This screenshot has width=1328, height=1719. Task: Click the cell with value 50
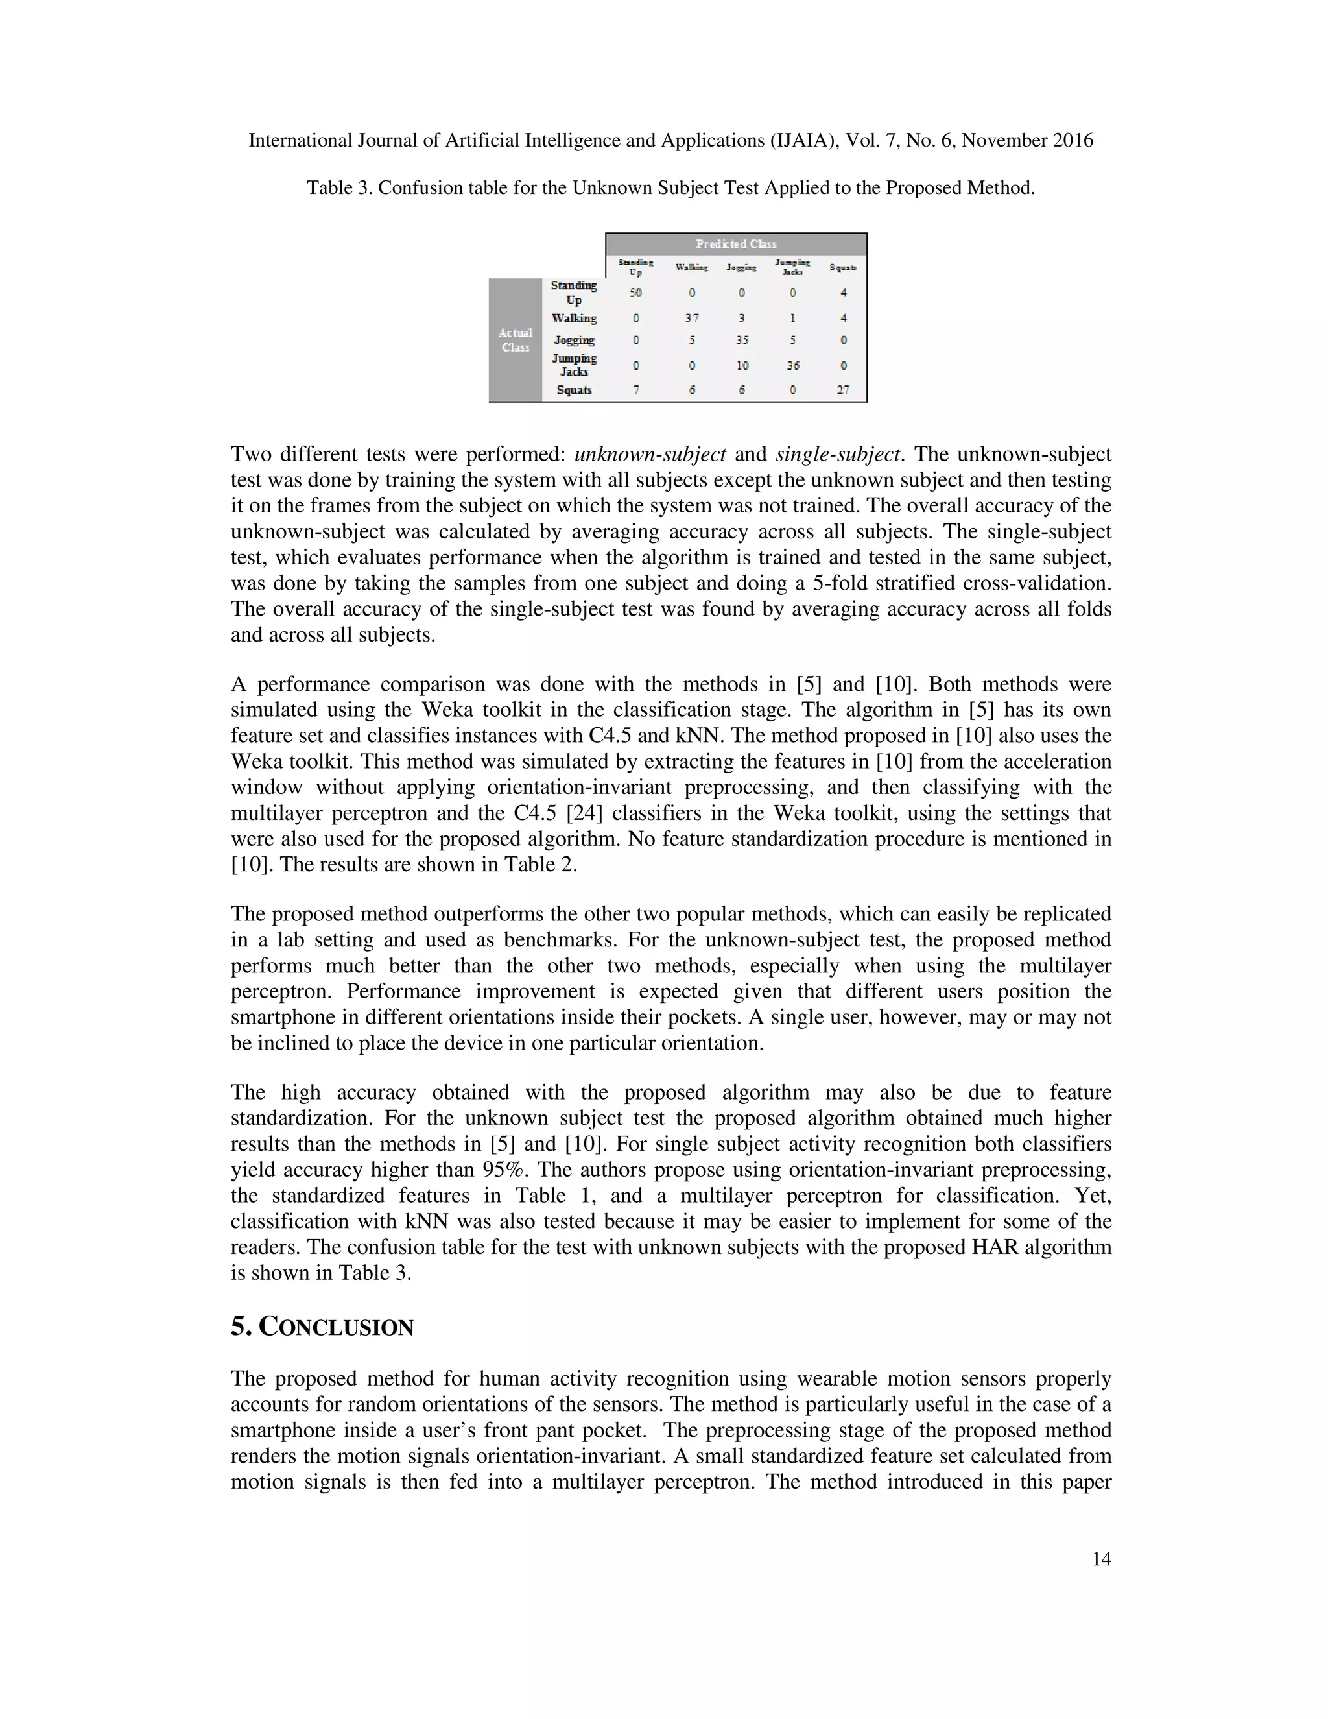pos(635,293)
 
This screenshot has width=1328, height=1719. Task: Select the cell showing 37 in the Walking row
pos(691,319)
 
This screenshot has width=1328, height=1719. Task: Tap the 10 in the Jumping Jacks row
pos(742,365)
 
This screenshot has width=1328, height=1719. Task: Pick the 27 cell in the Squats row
pos(842,391)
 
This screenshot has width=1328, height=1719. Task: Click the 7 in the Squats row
pos(635,391)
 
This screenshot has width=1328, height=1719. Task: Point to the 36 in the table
pos(792,365)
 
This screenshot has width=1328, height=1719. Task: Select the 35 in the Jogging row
pos(742,341)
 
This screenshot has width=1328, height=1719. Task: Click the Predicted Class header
pos(735,244)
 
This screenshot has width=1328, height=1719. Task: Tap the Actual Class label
pos(516,340)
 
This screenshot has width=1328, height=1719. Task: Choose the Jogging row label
pos(573,340)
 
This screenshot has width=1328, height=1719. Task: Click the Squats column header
pos(842,268)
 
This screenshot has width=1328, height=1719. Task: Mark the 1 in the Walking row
pos(792,319)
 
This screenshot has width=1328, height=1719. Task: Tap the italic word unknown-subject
pos(650,454)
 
